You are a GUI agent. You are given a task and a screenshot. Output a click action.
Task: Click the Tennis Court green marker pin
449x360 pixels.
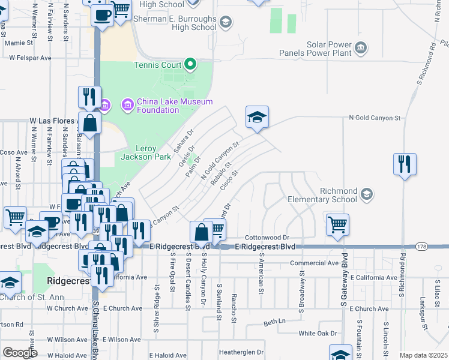pyautogui.click(x=190, y=63)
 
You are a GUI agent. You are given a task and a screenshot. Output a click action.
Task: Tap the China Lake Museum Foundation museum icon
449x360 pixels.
pyautogui.click(x=127, y=106)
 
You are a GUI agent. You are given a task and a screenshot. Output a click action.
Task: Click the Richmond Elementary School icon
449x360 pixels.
pyautogui.click(x=366, y=194)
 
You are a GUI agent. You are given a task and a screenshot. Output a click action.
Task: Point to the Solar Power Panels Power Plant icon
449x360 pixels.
pyautogui.click(x=361, y=47)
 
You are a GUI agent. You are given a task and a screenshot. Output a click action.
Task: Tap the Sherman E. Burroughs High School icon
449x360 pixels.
pyautogui.click(x=226, y=23)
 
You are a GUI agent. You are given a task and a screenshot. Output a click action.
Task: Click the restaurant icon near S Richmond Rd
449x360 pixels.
pyautogui.click(x=405, y=164)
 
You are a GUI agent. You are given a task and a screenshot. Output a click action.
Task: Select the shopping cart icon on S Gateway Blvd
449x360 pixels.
pyautogui.click(x=337, y=225)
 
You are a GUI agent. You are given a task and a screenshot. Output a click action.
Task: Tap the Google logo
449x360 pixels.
pyautogui.click(x=20, y=353)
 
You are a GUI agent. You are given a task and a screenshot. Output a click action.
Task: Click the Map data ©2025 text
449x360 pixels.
pyautogui.click(x=424, y=356)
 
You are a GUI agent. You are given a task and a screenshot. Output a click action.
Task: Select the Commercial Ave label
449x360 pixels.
pyautogui.click(x=314, y=263)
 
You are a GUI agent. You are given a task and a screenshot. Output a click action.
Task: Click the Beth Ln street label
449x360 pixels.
pyautogui.click(x=274, y=322)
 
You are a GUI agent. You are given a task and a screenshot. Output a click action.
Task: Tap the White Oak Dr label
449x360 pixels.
pyautogui.click(x=318, y=333)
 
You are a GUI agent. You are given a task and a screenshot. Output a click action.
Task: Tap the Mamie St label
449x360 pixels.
pyautogui.click(x=18, y=43)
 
